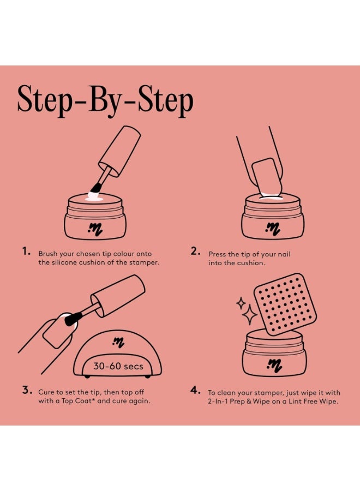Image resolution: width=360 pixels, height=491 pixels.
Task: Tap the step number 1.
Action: (x=26, y=252)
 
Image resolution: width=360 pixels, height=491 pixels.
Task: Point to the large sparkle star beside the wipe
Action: (x=249, y=315)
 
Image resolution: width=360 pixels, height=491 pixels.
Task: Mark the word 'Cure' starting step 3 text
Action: (x=46, y=392)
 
